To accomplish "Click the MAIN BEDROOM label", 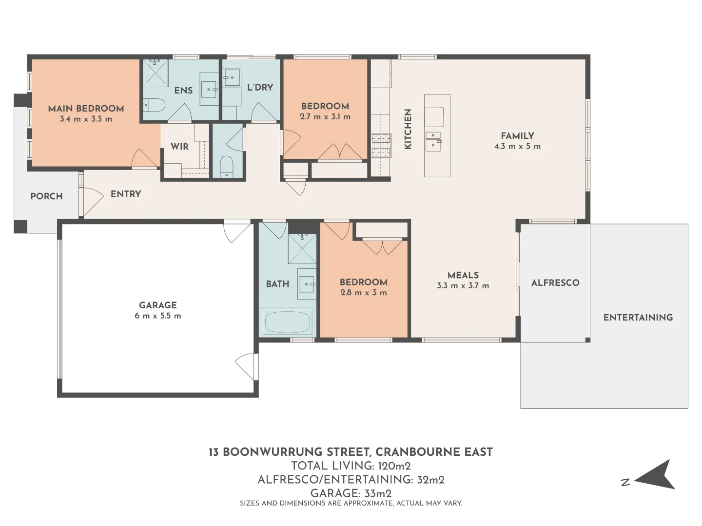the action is [86, 109].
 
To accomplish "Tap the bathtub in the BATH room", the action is [288, 322].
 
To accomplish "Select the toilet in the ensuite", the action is [154, 105].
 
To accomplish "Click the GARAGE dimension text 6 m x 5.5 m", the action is [158, 316].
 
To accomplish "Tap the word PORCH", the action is [47, 196].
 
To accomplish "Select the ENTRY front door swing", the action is [92, 201].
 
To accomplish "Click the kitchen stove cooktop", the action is [381, 145].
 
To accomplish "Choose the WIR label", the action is [180, 147].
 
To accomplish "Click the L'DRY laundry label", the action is [260, 87].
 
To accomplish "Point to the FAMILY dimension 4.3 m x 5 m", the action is [517, 147].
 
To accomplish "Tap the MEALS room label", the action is [463, 275].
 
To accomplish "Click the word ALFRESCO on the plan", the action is [556, 282].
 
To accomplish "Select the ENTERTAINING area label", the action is [638, 318].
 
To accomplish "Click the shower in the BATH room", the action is [302, 248].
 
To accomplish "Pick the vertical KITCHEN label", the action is [408, 129].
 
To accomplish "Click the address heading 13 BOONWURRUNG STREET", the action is [290, 452].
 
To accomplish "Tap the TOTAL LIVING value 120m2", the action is [394, 466].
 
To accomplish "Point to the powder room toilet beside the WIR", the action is [227, 166].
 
